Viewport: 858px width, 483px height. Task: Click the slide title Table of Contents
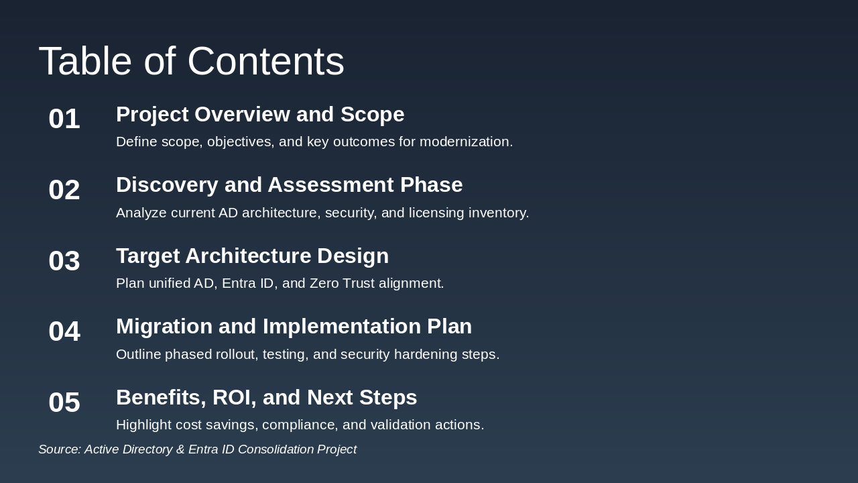click(x=191, y=61)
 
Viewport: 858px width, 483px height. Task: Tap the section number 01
click(x=64, y=119)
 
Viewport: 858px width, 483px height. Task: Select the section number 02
click(x=64, y=190)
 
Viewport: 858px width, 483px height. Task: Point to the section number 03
click(x=64, y=261)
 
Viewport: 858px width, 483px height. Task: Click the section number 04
click(x=64, y=331)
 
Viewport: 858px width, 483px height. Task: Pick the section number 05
click(x=64, y=402)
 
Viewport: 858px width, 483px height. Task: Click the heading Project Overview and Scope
click(x=260, y=115)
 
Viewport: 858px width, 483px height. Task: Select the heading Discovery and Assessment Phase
click(x=289, y=185)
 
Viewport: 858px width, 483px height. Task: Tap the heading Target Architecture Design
click(x=252, y=256)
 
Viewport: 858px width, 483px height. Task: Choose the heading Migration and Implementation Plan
click(x=294, y=327)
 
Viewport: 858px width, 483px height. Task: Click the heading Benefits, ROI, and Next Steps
click(x=266, y=398)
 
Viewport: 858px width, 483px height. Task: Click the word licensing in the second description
click(x=436, y=213)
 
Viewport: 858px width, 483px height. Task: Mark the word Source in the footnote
click(x=58, y=449)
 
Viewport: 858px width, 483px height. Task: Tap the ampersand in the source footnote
click(x=180, y=449)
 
